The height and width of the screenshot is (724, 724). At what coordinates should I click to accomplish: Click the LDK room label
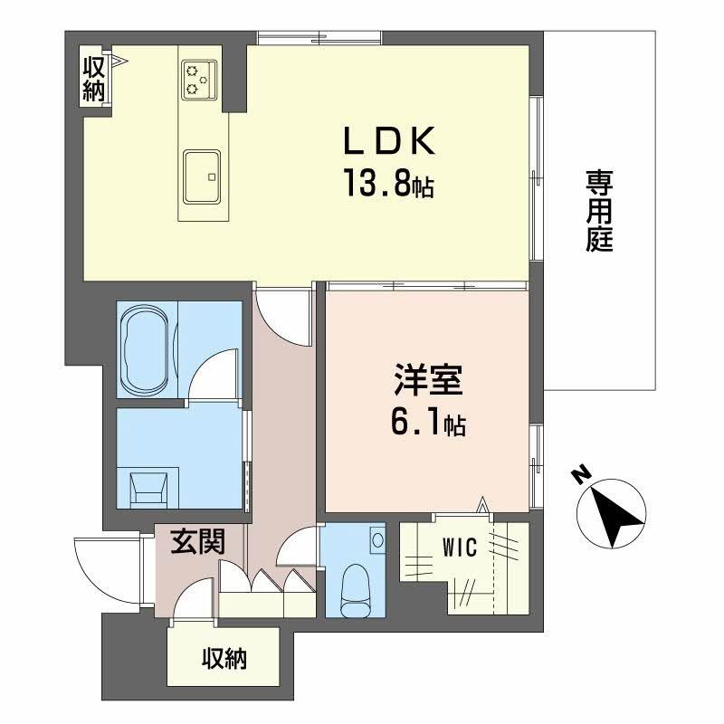pyautogui.click(x=389, y=144)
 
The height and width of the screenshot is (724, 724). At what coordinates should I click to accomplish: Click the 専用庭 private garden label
pyautogui.click(x=598, y=212)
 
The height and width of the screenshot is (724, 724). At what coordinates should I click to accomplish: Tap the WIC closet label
pyautogui.click(x=461, y=547)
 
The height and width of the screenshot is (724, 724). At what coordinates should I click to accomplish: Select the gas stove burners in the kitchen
pyautogui.click(x=198, y=79)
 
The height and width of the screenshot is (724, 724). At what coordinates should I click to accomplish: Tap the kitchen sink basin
pyautogui.click(x=203, y=176)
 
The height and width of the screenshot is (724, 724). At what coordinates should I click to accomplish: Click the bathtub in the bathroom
pyautogui.click(x=146, y=348)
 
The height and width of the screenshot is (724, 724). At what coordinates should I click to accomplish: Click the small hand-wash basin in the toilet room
pyautogui.click(x=377, y=540)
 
